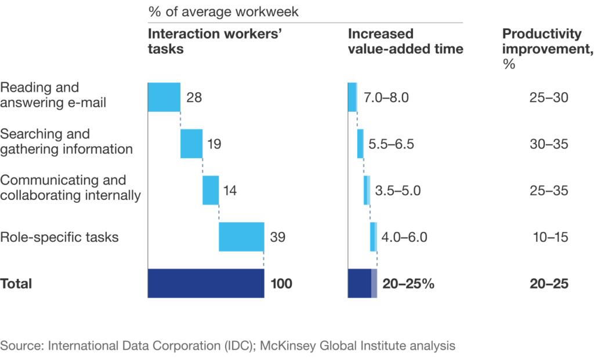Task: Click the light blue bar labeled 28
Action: [x=164, y=97]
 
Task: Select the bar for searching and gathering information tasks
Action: [x=191, y=144]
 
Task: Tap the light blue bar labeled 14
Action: [x=211, y=190]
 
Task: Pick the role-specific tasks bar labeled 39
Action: [x=241, y=237]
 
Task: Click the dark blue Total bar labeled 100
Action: [x=206, y=283]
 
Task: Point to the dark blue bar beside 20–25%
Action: [x=360, y=283]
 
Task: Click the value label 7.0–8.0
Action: [x=386, y=97]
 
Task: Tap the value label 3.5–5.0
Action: [x=397, y=190]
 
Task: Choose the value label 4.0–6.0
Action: [x=404, y=237]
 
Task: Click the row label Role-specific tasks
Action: [x=59, y=237]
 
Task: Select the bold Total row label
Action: [x=16, y=284]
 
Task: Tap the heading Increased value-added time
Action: [x=405, y=41]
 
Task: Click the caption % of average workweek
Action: [x=223, y=12]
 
